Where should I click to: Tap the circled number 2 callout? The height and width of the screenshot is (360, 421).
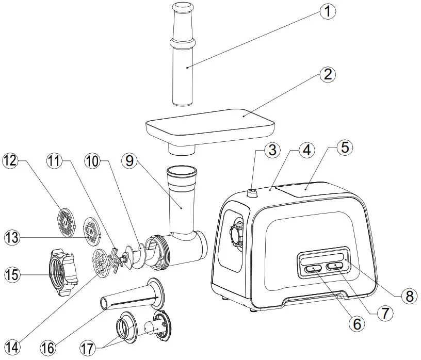[326, 75]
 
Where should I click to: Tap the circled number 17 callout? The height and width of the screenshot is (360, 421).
[89, 344]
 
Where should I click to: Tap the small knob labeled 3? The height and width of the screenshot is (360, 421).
[252, 193]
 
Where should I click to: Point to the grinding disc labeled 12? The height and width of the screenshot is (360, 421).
[65, 221]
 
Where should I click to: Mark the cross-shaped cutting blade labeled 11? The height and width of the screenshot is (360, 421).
[117, 260]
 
